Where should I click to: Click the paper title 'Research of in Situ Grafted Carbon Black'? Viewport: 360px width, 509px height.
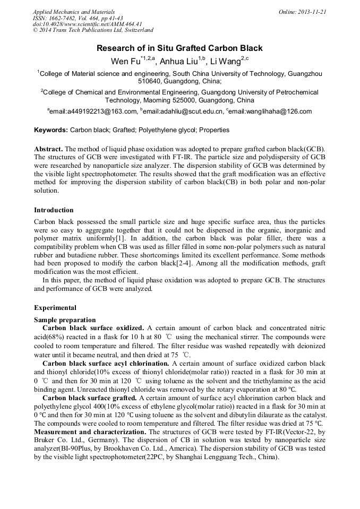tap(179, 48)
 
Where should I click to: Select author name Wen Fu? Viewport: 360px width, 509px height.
tap(125, 62)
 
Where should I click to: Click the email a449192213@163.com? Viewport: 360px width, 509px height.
tap(93, 112)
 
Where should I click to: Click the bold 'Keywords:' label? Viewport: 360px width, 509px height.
tap(51, 130)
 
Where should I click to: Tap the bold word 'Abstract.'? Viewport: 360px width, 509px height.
tap(48, 150)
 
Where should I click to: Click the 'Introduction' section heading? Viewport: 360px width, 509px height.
tap(54, 210)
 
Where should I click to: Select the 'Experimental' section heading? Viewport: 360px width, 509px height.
tap(55, 308)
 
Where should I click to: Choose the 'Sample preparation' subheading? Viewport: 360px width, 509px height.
tap(65, 320)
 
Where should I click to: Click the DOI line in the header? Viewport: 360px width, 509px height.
tap(87, 24)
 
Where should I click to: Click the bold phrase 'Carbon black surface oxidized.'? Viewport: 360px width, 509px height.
tap(93, 328)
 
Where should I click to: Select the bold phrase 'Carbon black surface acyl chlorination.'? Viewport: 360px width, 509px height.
tap(106, 364)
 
